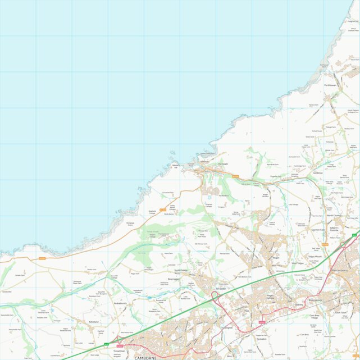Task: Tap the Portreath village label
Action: coord(223,165)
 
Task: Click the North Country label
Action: coord(334,215)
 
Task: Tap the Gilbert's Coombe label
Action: coord(335,227)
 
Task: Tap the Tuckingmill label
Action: coord(226,327)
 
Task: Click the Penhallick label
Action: coord(261,339)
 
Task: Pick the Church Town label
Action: coord(339,313)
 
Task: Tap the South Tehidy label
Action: coord(180,270)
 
